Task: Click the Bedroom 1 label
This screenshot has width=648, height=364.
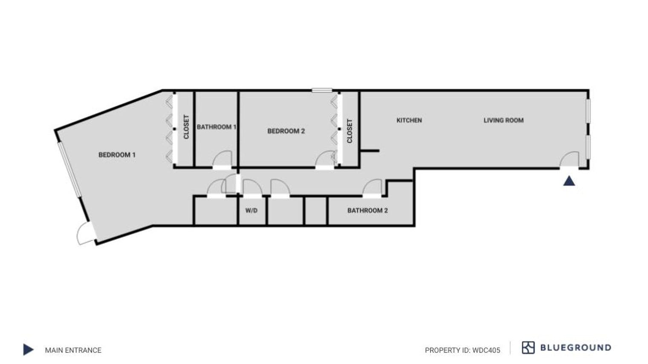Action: (x=117, y=155)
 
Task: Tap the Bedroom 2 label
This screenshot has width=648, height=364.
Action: (x=286, y=131)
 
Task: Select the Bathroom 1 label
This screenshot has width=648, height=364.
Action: (x=216, y=127)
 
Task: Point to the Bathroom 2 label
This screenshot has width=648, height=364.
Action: (x=367, y=210)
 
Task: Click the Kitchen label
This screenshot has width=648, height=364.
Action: (x=409, y=120)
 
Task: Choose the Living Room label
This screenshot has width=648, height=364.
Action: (x=503, y=120)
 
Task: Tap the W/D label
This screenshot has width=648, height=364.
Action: (x=252, y=211)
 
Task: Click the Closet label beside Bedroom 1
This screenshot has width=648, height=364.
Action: (x=186, y=127)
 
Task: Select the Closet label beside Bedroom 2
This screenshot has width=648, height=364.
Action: (x=350, y=131)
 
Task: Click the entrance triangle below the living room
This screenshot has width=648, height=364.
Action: (x=569, y=181)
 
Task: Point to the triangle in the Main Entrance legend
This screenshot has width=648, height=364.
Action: (x=28, y=350)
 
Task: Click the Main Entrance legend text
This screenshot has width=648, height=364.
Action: (x=73, y=350)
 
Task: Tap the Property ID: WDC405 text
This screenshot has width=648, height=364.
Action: (x=462, y=350)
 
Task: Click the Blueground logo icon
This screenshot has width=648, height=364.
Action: (x=528, y=348)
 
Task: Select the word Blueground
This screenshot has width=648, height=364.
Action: (x=576, y=348)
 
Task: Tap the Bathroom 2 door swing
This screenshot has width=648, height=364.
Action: (x=372, y=188)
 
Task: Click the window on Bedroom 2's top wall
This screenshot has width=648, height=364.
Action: (x=322, y=90)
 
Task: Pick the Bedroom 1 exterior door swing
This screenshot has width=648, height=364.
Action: (x=85, y=234)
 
